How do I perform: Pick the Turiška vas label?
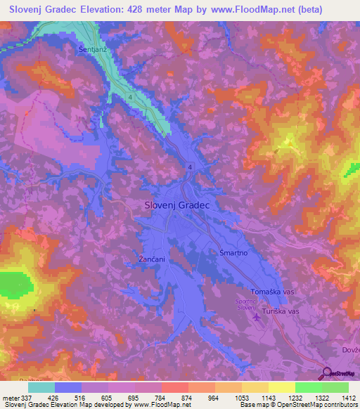281,310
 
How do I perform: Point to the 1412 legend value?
348,397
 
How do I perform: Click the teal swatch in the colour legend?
41,387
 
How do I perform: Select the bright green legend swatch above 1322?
308,387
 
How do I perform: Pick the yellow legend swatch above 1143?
255,387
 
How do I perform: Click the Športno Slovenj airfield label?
247,306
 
